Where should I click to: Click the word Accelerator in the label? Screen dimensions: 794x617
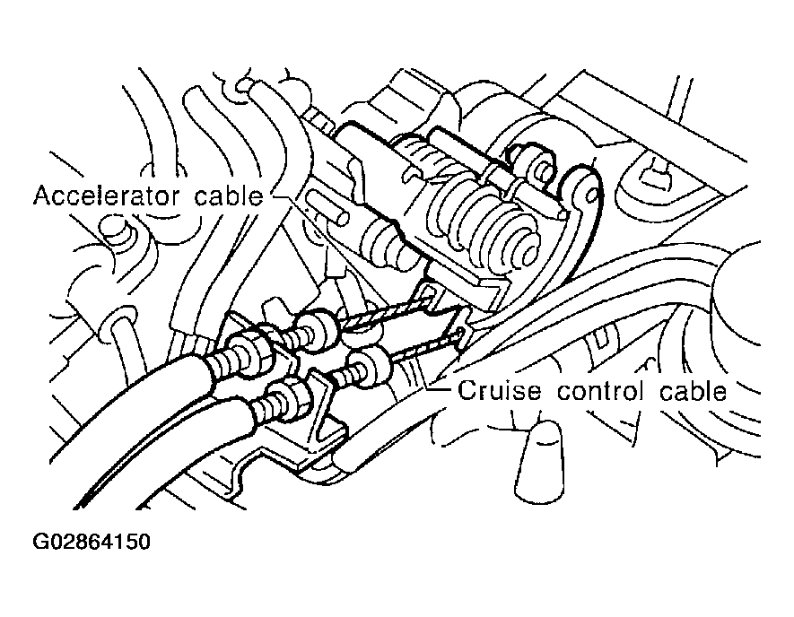(x=107, y=196)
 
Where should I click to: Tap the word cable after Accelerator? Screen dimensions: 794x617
(x=229, y=196)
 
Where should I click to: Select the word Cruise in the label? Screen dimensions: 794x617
(x=500, y=391)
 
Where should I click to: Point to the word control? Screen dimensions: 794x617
(x=600, y=391)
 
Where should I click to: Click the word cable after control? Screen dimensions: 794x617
(x=694, y=391)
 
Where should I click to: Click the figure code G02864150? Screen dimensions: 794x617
(x=92, y=542)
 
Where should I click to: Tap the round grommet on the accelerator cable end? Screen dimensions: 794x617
(x=316, y=330)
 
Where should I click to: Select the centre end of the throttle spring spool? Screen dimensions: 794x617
(x=527, y=249)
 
